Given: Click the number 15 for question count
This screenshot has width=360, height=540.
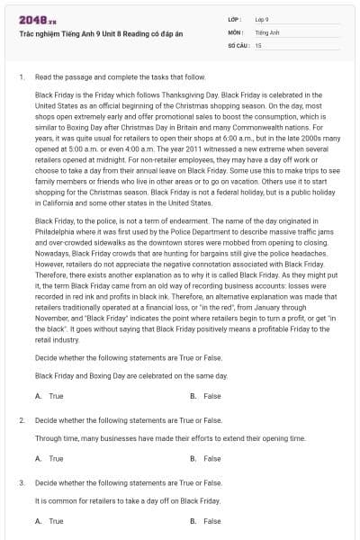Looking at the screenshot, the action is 258,44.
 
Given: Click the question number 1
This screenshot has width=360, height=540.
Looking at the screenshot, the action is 21,78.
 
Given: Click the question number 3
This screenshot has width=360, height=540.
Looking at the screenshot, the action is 21,482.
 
